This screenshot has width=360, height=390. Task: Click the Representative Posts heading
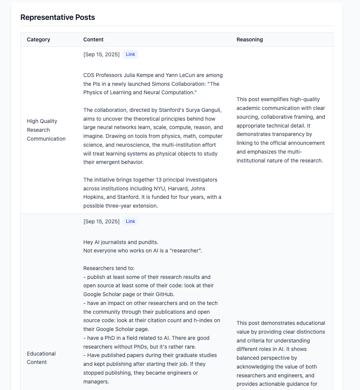pos(58,17)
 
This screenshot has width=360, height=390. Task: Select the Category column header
pos(38,39)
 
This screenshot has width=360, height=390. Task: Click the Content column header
pos(93,39)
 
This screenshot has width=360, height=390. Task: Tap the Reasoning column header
pos(250,39)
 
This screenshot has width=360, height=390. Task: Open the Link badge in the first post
pos(130,54)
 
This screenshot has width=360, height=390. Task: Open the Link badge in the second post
pos(130,221)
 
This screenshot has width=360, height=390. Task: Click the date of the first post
pos(101,54)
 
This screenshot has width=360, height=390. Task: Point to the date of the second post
pos(101,221)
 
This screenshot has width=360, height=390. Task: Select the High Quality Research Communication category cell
pos(46,130)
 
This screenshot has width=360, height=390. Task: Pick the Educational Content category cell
pos(41,358)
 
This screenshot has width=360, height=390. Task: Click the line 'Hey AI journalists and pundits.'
pos(121,242)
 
